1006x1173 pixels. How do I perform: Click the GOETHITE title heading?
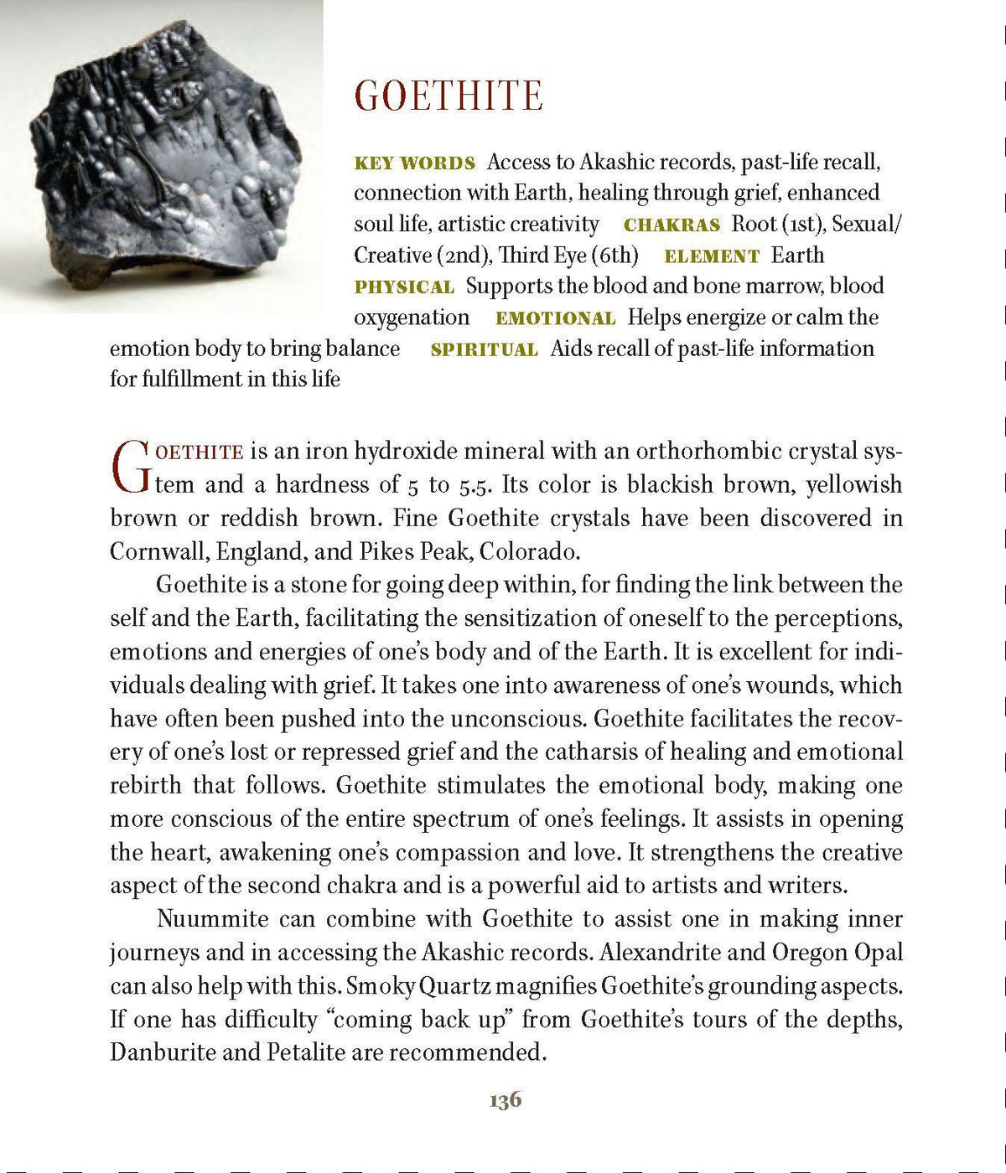(x=449, y=96)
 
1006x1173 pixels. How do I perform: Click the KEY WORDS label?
(x=414, y=163)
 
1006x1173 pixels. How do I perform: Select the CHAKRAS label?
(x=672, y=225)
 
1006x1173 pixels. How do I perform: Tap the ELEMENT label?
(x=711, y=256)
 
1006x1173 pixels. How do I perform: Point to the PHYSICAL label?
(x=404, y=287)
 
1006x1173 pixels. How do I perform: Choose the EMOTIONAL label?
(x=555, y=318)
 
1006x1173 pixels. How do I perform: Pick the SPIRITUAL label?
(x=484, y=350)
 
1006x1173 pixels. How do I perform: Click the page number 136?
(x=505, y=1099)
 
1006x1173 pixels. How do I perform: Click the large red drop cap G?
(x=131, y=467)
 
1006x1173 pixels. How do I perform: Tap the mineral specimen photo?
(x=161, y=157)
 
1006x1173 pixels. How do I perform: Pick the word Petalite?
(x=305, y=1052)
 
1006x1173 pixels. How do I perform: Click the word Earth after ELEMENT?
(x=797, y=256)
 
